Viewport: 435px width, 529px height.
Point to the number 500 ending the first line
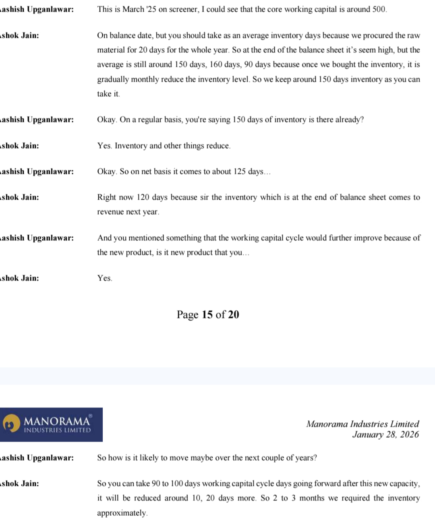click(379, 9)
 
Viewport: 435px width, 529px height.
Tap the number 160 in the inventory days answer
click(216, 64)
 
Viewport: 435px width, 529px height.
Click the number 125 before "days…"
click(239, 172)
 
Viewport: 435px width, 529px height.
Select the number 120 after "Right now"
click(143, 197)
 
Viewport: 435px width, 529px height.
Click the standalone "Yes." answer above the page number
click(105, 278)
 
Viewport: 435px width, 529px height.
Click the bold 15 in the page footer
click(207, 314)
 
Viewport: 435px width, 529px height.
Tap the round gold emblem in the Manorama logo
click(11, 424)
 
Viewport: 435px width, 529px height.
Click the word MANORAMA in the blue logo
click(57, 421)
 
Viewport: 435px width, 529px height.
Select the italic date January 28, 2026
click(385, 434)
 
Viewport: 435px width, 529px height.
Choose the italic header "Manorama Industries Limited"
click(362, 424)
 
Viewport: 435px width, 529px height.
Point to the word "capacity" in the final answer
click(404, 484)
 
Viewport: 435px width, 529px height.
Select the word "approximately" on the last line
click(122, 513)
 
